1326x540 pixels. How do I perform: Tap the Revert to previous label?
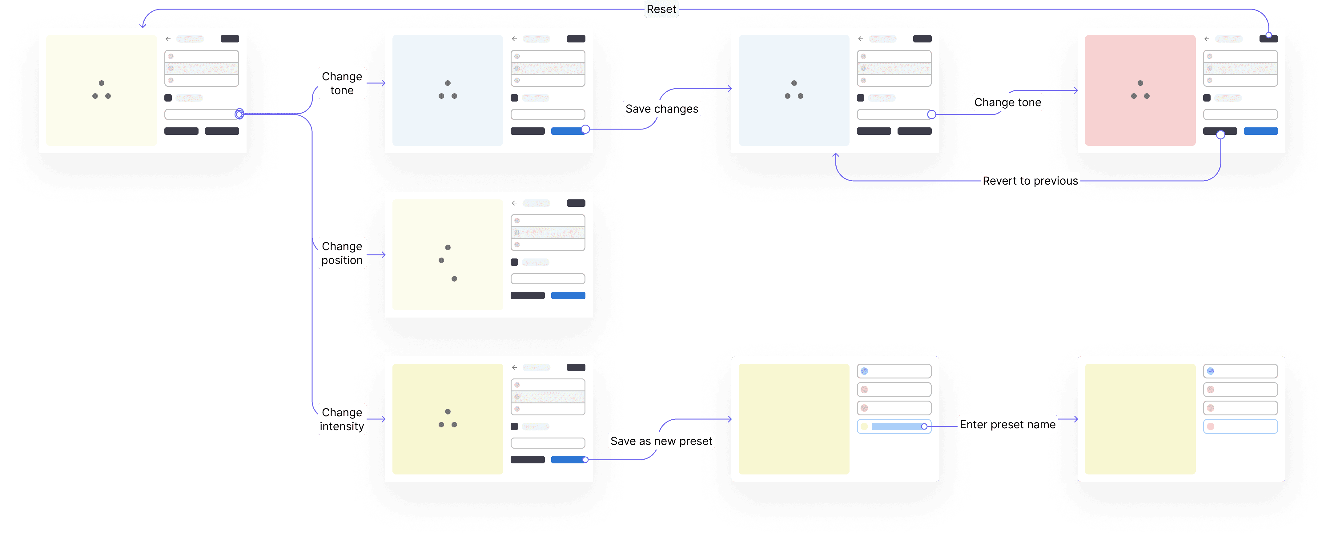click(1030, 181)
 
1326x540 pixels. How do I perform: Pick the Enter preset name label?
click(1007, 425)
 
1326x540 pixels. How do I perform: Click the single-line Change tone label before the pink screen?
click(1007, 102)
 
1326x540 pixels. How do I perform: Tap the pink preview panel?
click(1140, 90)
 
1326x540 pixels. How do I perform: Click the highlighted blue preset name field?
click(897, 426)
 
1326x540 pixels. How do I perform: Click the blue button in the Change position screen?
click(568, 295)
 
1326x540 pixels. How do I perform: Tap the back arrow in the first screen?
click(168, 38)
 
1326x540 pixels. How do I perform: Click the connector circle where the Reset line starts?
click(1268, 35)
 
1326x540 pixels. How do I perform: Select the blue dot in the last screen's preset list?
click(1210, 371)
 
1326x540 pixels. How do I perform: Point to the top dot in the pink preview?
click(1140, 83)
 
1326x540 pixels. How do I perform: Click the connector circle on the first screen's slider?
click(239, 114)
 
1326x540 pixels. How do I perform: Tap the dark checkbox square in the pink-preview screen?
click(1207, 98)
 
